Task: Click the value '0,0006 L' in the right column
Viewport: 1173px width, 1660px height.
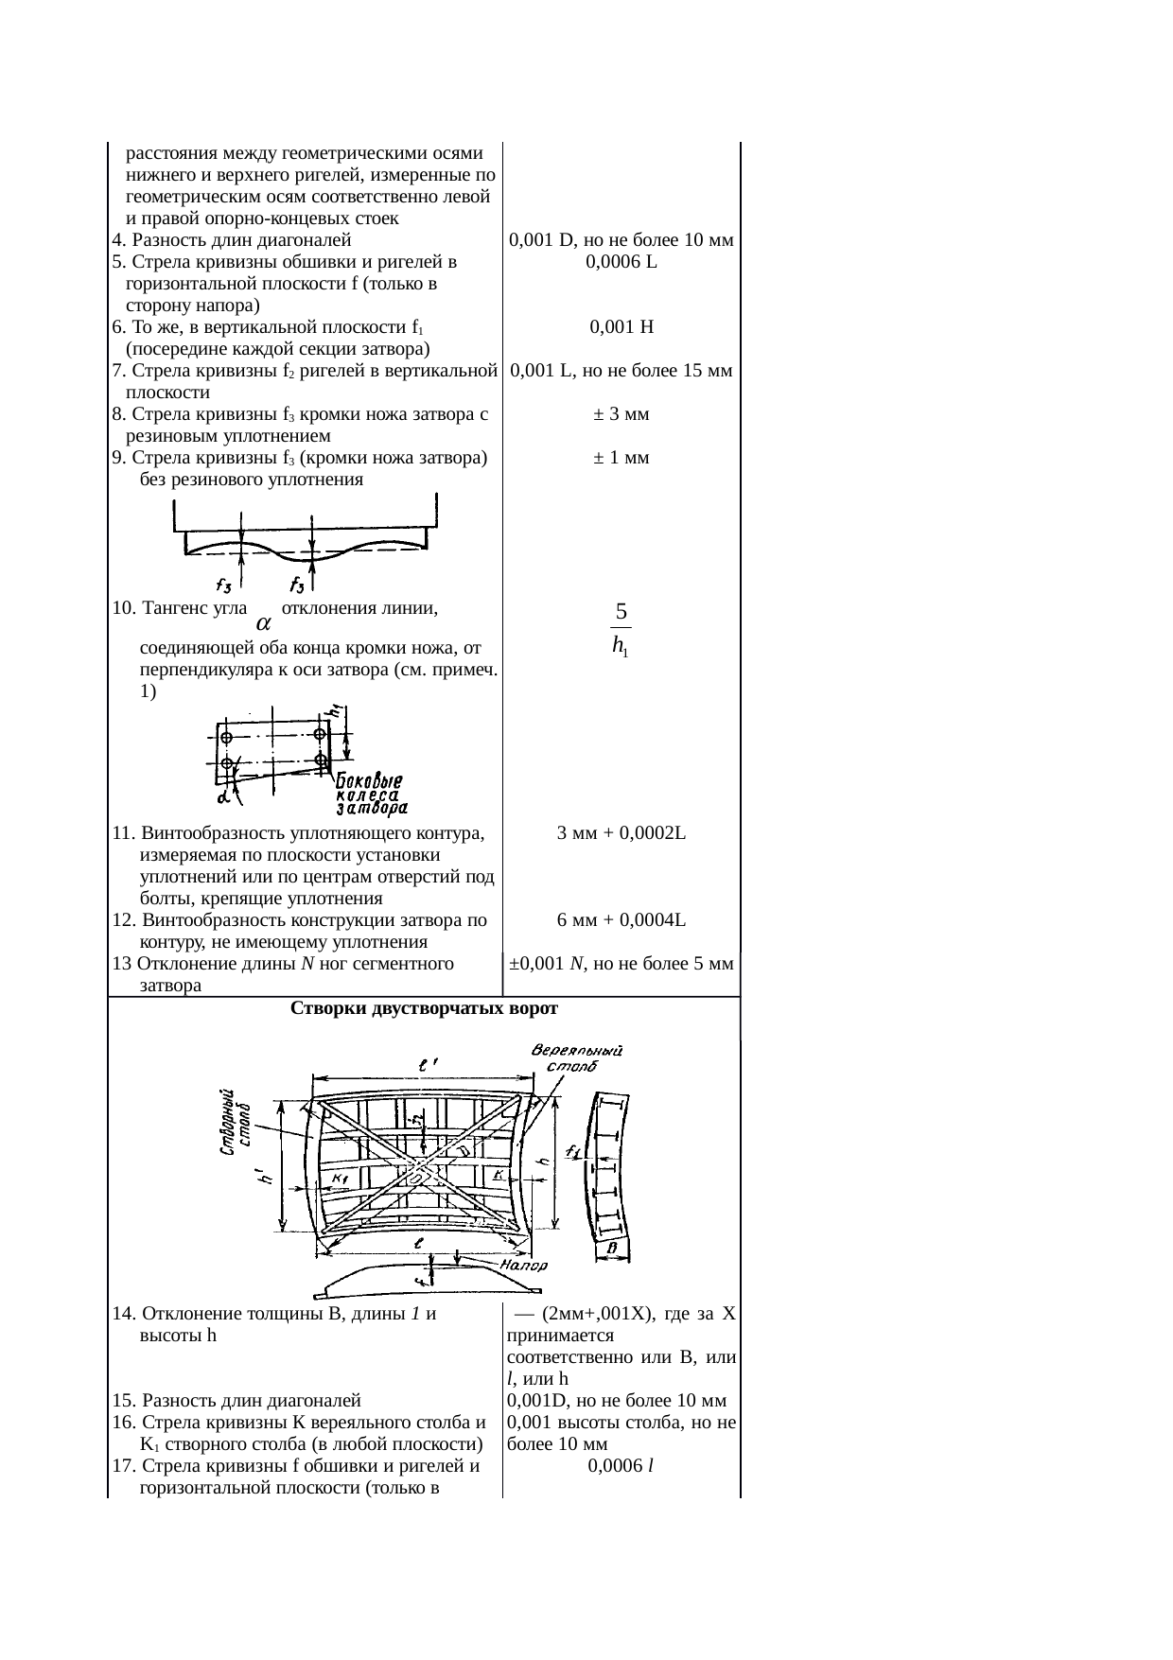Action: (x=621, y=262)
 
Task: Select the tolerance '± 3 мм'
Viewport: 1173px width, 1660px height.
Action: (x=621, y=414)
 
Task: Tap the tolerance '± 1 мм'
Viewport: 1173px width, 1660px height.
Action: (x=621, y=458)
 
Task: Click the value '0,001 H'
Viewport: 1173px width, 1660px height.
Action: (x=621, y=327)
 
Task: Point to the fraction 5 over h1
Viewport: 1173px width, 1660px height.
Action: (x=621, y=629)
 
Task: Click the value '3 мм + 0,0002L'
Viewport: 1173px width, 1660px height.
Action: (x=621, y=833)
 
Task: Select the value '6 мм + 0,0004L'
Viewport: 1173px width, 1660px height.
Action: (x=621, y=920)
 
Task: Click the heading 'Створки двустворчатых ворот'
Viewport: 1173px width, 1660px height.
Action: (x=424, y=1008)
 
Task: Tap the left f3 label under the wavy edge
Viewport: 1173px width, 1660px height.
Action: (x=226, y=584)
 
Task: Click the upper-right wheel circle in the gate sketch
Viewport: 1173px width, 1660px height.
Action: (x=321, y=734)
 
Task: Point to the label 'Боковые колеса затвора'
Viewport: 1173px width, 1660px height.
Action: (x=372, y=795)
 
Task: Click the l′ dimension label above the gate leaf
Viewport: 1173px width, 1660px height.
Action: (x=427, y=1064)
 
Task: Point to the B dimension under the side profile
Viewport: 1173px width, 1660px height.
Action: (x=612, y=1249)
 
